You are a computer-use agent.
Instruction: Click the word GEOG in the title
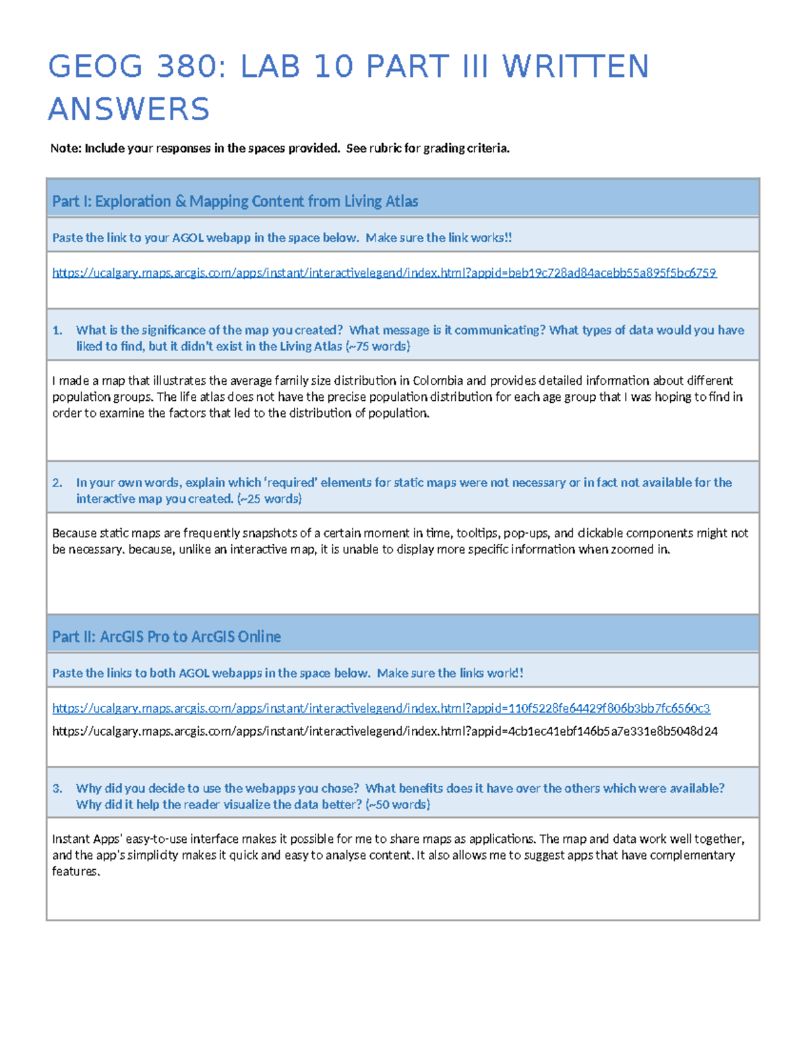point(96,67)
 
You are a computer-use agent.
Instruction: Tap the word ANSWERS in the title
point(129,109)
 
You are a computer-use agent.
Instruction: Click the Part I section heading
point(235,201)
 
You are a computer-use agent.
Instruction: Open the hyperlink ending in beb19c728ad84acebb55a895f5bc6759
point(384,273)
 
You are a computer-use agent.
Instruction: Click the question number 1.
point(57,330)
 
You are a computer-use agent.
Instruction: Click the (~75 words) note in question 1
point(378,346)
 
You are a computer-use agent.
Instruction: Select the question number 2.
point(57,482)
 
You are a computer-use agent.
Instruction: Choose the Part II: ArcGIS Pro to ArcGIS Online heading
point(167,636)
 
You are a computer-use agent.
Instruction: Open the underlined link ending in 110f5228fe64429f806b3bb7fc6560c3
point(381,708)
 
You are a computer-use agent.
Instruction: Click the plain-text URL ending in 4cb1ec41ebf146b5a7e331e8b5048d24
point(384,731)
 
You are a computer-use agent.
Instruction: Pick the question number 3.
point(57,788)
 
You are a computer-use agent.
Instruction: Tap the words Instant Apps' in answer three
point(86,839)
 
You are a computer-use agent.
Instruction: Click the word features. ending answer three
point(76,871)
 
